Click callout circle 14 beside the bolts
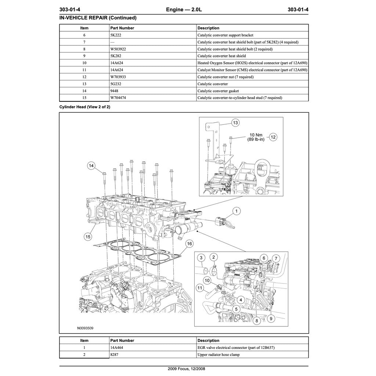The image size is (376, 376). click(x=91, y=166)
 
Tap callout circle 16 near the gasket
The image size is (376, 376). click(x=189, y=243)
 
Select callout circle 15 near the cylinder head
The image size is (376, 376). click(x=88, y=237)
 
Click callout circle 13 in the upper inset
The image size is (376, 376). click(x=235, y=123)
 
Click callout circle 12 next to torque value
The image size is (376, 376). click(x=273, y=137)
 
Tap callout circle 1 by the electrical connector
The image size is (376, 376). click(x=237, y=211)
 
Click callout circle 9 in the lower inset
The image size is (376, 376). click(x=271, y=319)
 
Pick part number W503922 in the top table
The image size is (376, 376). click(x=118, y=49)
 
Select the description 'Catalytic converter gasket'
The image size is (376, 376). click(x=218, y=91)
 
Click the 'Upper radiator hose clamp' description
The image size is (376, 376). click(x=219, y=354)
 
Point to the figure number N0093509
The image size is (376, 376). click(x=85, y=328)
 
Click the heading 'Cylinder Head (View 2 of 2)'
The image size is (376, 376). click(x=85, y=107)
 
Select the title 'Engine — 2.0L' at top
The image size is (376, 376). click(x=184, y=10)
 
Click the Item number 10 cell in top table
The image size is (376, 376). click(x=84, y=63)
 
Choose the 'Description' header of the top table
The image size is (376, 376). click(x=208, y=28)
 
